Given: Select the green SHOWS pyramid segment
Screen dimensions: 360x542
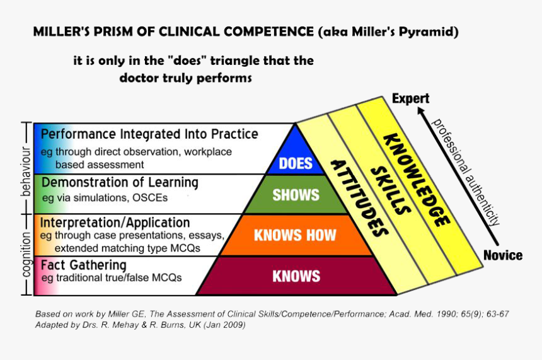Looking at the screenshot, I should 296,195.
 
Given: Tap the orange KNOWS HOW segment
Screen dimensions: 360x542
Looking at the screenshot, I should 295,235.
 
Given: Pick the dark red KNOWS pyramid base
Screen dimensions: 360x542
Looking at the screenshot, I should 296,276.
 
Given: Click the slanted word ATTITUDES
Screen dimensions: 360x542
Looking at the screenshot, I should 357,196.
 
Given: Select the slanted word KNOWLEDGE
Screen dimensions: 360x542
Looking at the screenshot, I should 417,179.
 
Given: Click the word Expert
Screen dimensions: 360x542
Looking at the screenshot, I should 410,98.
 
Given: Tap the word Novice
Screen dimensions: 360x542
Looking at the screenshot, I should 502,255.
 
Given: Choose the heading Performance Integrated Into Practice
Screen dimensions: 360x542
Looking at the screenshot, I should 149,134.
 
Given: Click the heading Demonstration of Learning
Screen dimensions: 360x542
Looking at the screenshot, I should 119,183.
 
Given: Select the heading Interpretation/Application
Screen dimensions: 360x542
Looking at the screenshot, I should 115,223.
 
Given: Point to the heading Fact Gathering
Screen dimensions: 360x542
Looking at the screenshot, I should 83,265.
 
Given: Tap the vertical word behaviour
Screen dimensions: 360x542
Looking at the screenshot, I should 26,171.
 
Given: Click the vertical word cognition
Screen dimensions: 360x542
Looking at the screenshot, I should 26,253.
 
